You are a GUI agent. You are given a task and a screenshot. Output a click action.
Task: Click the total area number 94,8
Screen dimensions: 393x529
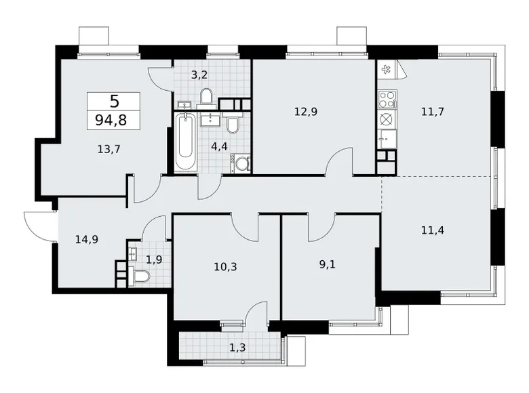pos(113,121)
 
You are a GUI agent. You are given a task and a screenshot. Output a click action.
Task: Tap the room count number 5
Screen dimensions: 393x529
pos(113,102)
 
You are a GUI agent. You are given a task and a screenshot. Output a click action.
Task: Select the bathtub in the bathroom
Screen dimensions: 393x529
pos(184,144)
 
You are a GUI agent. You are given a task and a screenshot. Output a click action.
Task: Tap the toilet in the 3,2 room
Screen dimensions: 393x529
pos(207,97)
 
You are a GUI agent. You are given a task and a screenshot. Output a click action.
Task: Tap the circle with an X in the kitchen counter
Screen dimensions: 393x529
pos(387,120)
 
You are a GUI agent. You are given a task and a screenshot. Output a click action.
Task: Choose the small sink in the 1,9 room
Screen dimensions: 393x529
pos(130,255)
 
